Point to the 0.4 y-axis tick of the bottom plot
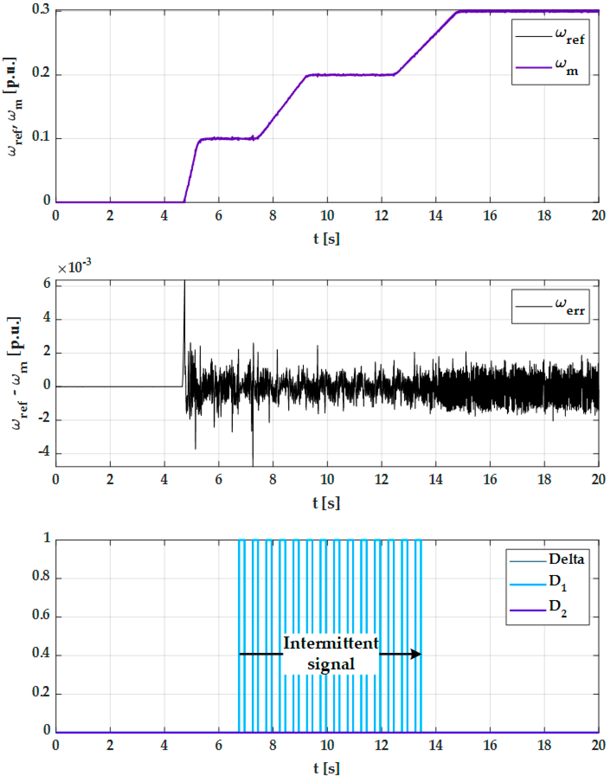(x=41, y=652)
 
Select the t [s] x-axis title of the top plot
(x=326, y=238)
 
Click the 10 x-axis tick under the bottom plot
(x=327, y=745)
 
